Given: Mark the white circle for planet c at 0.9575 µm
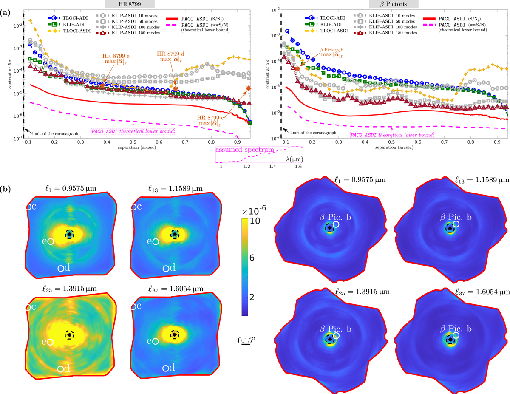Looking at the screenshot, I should [28, 207].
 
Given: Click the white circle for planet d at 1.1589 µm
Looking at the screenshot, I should [166, 269].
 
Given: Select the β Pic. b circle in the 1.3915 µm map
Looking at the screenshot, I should [336, 336].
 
